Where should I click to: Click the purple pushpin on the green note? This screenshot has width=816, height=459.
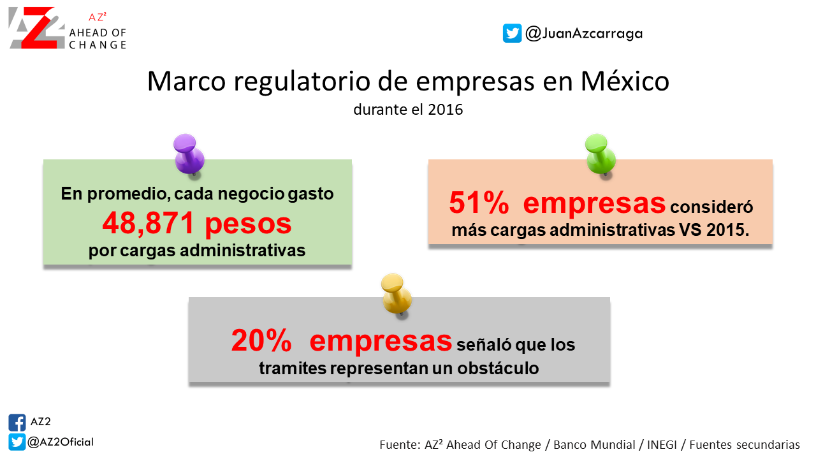click(x=189, y=154)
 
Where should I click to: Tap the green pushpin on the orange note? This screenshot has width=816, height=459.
click(x=601, y=154)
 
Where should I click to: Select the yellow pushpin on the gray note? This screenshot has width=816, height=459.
click(x=397, y=295)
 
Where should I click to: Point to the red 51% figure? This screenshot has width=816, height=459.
click(x=479, y=203)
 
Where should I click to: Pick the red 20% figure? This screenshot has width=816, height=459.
click(x=261, y=340)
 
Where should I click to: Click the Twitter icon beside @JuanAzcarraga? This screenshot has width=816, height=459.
click(x=512, y=34)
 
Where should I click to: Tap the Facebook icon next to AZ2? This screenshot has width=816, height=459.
click(x=17, y=423)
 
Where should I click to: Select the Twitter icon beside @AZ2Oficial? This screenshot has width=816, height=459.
click(x=17, y=442)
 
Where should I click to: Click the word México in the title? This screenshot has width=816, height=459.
click(x=625, y=81)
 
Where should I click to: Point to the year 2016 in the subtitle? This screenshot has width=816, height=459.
click(x=446, y=110)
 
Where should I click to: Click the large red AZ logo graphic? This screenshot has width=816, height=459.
click(x=36, y=27)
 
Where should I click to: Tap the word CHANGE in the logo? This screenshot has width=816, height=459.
click(x=98, y=45)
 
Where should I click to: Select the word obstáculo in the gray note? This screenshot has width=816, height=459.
click(x=498, y=368)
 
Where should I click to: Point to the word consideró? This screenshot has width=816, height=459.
click(x=711, y=207)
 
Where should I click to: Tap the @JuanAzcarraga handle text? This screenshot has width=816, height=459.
click(x=584, y=34)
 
